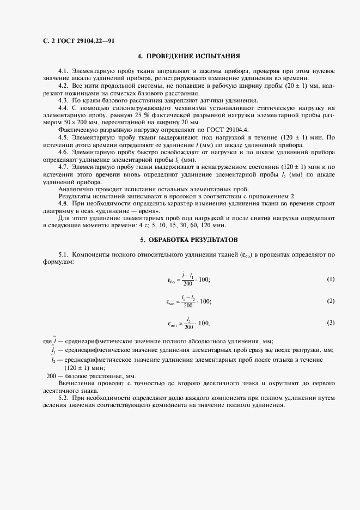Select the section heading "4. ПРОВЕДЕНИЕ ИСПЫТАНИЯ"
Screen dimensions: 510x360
(188, 56)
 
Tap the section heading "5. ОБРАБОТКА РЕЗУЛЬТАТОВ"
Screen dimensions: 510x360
(188, 239)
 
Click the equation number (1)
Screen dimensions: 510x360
(331, 280)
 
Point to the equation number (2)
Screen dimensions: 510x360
(331, 301)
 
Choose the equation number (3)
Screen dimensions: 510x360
(331, 323)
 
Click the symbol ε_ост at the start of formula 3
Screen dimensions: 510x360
(173, 324)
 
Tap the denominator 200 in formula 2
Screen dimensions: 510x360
(188, 306)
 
